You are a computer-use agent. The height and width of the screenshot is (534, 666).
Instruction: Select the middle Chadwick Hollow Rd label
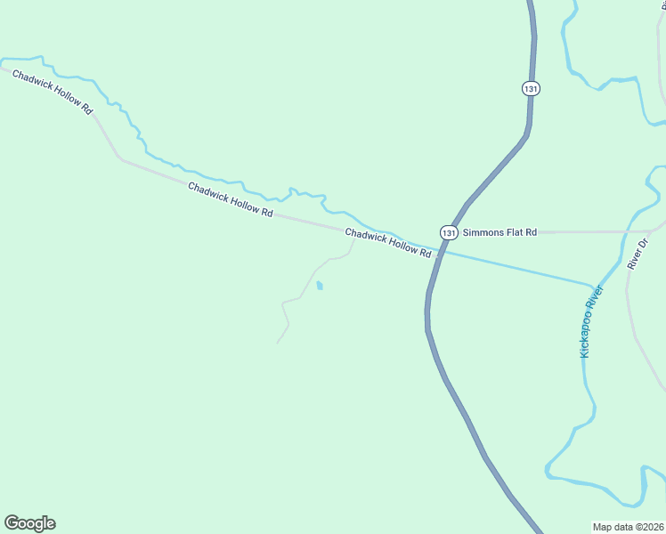[x=230, y=198]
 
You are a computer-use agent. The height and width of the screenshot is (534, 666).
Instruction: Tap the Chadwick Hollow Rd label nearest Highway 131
[x=388, y=242]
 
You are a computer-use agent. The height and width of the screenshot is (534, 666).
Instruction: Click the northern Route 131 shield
[x=531, y=89]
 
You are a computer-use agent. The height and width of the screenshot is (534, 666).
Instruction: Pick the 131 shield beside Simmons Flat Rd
[x=449, y=232]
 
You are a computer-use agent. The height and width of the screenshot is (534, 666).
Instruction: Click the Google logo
[x=29, y=523]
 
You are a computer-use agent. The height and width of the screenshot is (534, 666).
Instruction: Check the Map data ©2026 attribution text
[x=628, y=527]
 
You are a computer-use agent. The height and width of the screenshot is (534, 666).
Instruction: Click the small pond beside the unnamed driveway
[x=320, y=286]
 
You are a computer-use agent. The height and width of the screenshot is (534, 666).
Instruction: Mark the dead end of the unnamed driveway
[x=277, y=343]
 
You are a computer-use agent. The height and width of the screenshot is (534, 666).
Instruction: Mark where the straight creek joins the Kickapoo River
[x=592, y=286]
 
